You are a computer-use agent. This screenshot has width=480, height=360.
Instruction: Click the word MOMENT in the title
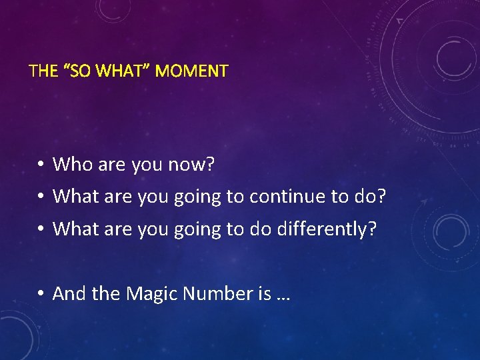click(195, 70)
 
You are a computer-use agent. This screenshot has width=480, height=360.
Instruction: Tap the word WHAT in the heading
click(127, 70)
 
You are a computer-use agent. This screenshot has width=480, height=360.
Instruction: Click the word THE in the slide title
click(43, 70)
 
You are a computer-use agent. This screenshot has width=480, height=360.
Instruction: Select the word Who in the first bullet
click(69, 163)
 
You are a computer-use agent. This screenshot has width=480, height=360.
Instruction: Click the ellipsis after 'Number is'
click(282, 294)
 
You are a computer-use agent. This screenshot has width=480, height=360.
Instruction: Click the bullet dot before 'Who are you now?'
click(41, 164)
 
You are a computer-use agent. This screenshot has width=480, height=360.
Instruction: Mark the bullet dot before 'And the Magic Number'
click(41, 293)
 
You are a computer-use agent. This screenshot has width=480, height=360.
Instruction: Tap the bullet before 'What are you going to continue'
click(41, 197)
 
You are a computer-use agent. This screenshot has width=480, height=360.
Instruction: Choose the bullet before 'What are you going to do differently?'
click(41, 229)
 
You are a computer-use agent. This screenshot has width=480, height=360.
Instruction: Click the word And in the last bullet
click(67, 293)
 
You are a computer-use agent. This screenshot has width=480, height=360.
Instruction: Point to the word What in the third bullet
click(73, 229)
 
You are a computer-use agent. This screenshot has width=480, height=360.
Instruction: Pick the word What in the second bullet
click(73, 196)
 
